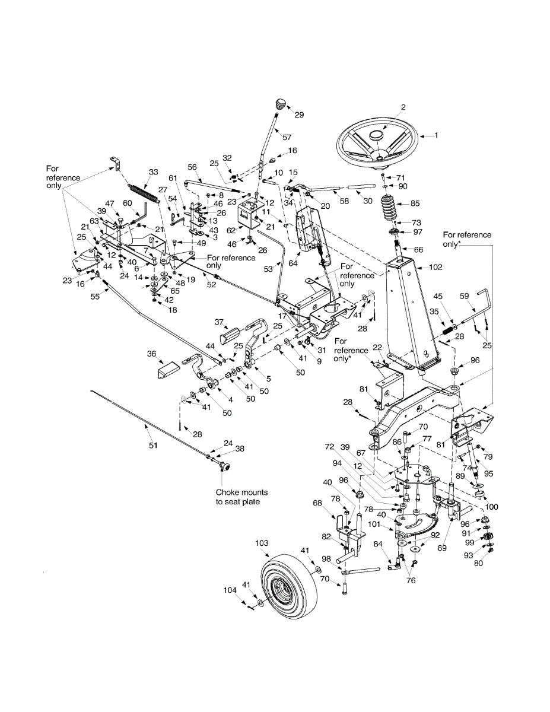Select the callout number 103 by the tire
coord(262,543)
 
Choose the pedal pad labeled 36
coord(167,370)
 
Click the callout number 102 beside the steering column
coord(435,268)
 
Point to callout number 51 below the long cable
coord(153,445)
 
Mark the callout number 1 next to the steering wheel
coord(435,135)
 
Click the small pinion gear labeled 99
coord(488,537)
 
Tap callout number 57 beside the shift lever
coord(287,137)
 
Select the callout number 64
coord(293,263)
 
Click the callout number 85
coord(415,203)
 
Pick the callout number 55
coord(95,297)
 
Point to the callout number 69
coord(442,548)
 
